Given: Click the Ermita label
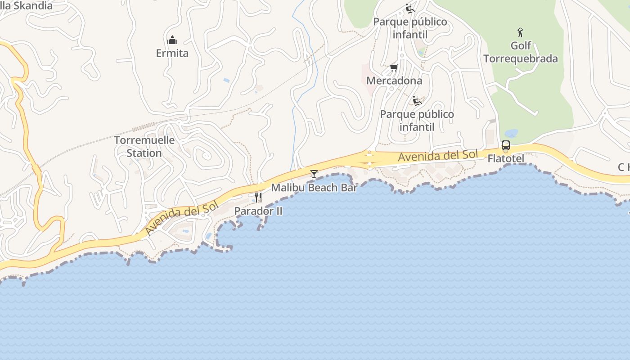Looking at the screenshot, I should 172,53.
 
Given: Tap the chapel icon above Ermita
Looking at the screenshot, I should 172,40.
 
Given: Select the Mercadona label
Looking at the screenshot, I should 394,81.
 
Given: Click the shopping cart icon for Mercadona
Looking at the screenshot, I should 394,67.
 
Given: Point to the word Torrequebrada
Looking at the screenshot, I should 521,58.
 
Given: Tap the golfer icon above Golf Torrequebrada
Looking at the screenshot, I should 521,32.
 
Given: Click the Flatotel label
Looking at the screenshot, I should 506,159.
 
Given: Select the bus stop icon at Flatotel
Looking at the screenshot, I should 506,145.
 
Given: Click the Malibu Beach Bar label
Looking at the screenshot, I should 314,187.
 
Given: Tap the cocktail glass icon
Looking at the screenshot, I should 314,174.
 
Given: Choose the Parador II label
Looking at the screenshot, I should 258,211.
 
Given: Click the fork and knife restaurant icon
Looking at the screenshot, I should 258,197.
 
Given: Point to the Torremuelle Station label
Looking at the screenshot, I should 144,146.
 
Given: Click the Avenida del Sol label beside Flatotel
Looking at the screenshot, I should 438,156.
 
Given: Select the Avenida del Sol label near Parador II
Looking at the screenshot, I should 181,218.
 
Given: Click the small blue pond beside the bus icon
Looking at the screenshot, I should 511,133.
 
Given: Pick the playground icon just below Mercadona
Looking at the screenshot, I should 417,101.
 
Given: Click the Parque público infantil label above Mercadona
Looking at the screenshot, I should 410,28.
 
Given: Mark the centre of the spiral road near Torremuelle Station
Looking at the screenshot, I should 207,156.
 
